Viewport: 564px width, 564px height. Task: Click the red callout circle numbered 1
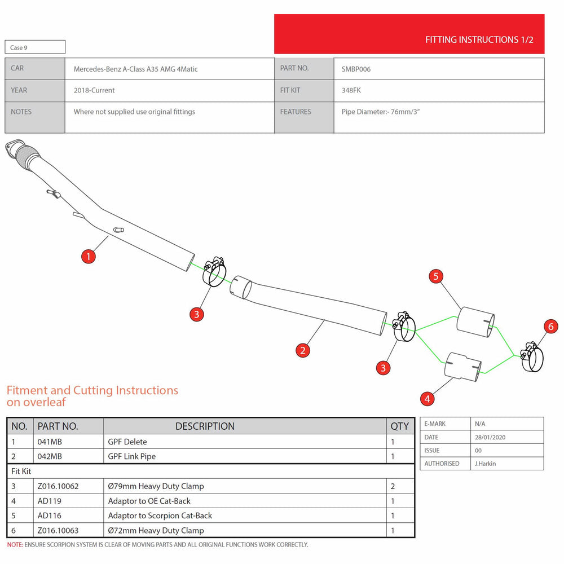click(x=88, y=257)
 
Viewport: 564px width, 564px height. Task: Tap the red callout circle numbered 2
click(x=302, y=350)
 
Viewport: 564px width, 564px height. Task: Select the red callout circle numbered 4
click(x=427, y=399)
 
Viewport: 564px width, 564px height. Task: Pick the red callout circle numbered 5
click(x=436, y=276)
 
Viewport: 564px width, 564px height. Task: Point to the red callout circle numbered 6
click(x=550, y=327)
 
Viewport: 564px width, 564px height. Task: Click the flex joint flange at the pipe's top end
click(x=15, y=147)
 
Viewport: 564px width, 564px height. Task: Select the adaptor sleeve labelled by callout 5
click(x=475, y=322)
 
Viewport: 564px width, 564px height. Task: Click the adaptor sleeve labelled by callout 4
click(x=462, y=367)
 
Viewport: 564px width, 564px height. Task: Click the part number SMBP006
click(x=356, y=69)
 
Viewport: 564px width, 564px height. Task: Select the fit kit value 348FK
click(x=351, y=90)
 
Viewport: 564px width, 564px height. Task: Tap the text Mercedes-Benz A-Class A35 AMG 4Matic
click(x=135, y=69)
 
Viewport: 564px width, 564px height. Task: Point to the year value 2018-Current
click(x=94, y=90)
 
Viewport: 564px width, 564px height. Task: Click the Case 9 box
click(x=35, y=47)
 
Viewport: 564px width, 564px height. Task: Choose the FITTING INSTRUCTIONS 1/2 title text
click(x=479, y=39)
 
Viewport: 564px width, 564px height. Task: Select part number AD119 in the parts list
click(x=49, y=501)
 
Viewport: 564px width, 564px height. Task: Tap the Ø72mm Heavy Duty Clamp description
click(x=156, y=531)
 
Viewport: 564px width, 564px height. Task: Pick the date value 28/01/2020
click(x=490, y=438)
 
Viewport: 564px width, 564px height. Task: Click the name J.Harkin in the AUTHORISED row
click(x=485, y=464)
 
